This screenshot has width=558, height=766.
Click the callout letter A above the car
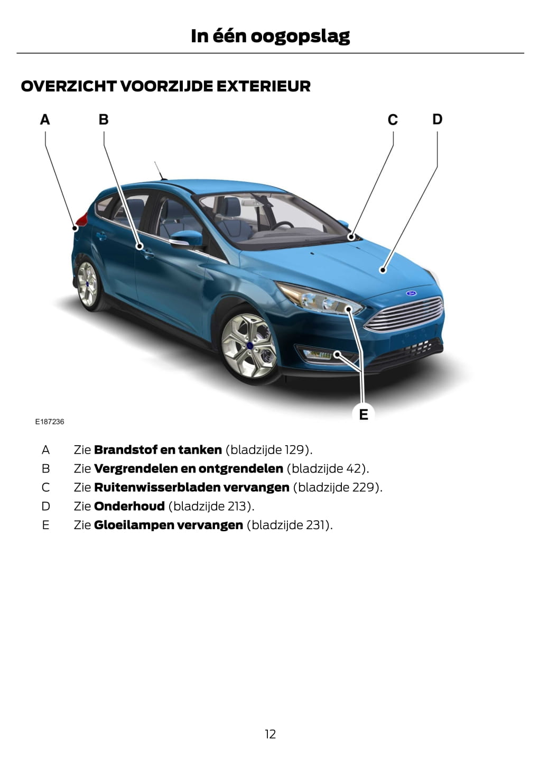tap(45, 119)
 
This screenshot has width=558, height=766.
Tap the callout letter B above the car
tap(104, 119)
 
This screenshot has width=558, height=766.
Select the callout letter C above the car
tap(393, 120)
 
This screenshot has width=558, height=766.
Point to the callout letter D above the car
tap(437, 119)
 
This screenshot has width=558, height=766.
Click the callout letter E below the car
tap(364, 414)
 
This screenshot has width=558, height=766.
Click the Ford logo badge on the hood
tap(411, 293)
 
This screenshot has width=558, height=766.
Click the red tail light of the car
tap(80, 220)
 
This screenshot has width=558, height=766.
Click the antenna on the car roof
tap(159, 170)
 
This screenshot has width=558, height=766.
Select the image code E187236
tap(50, 422)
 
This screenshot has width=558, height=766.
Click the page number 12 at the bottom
tap(270, 734)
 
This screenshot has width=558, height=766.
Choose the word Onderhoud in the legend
tap(129, 506)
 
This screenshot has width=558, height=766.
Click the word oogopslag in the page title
tap(300, 36)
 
